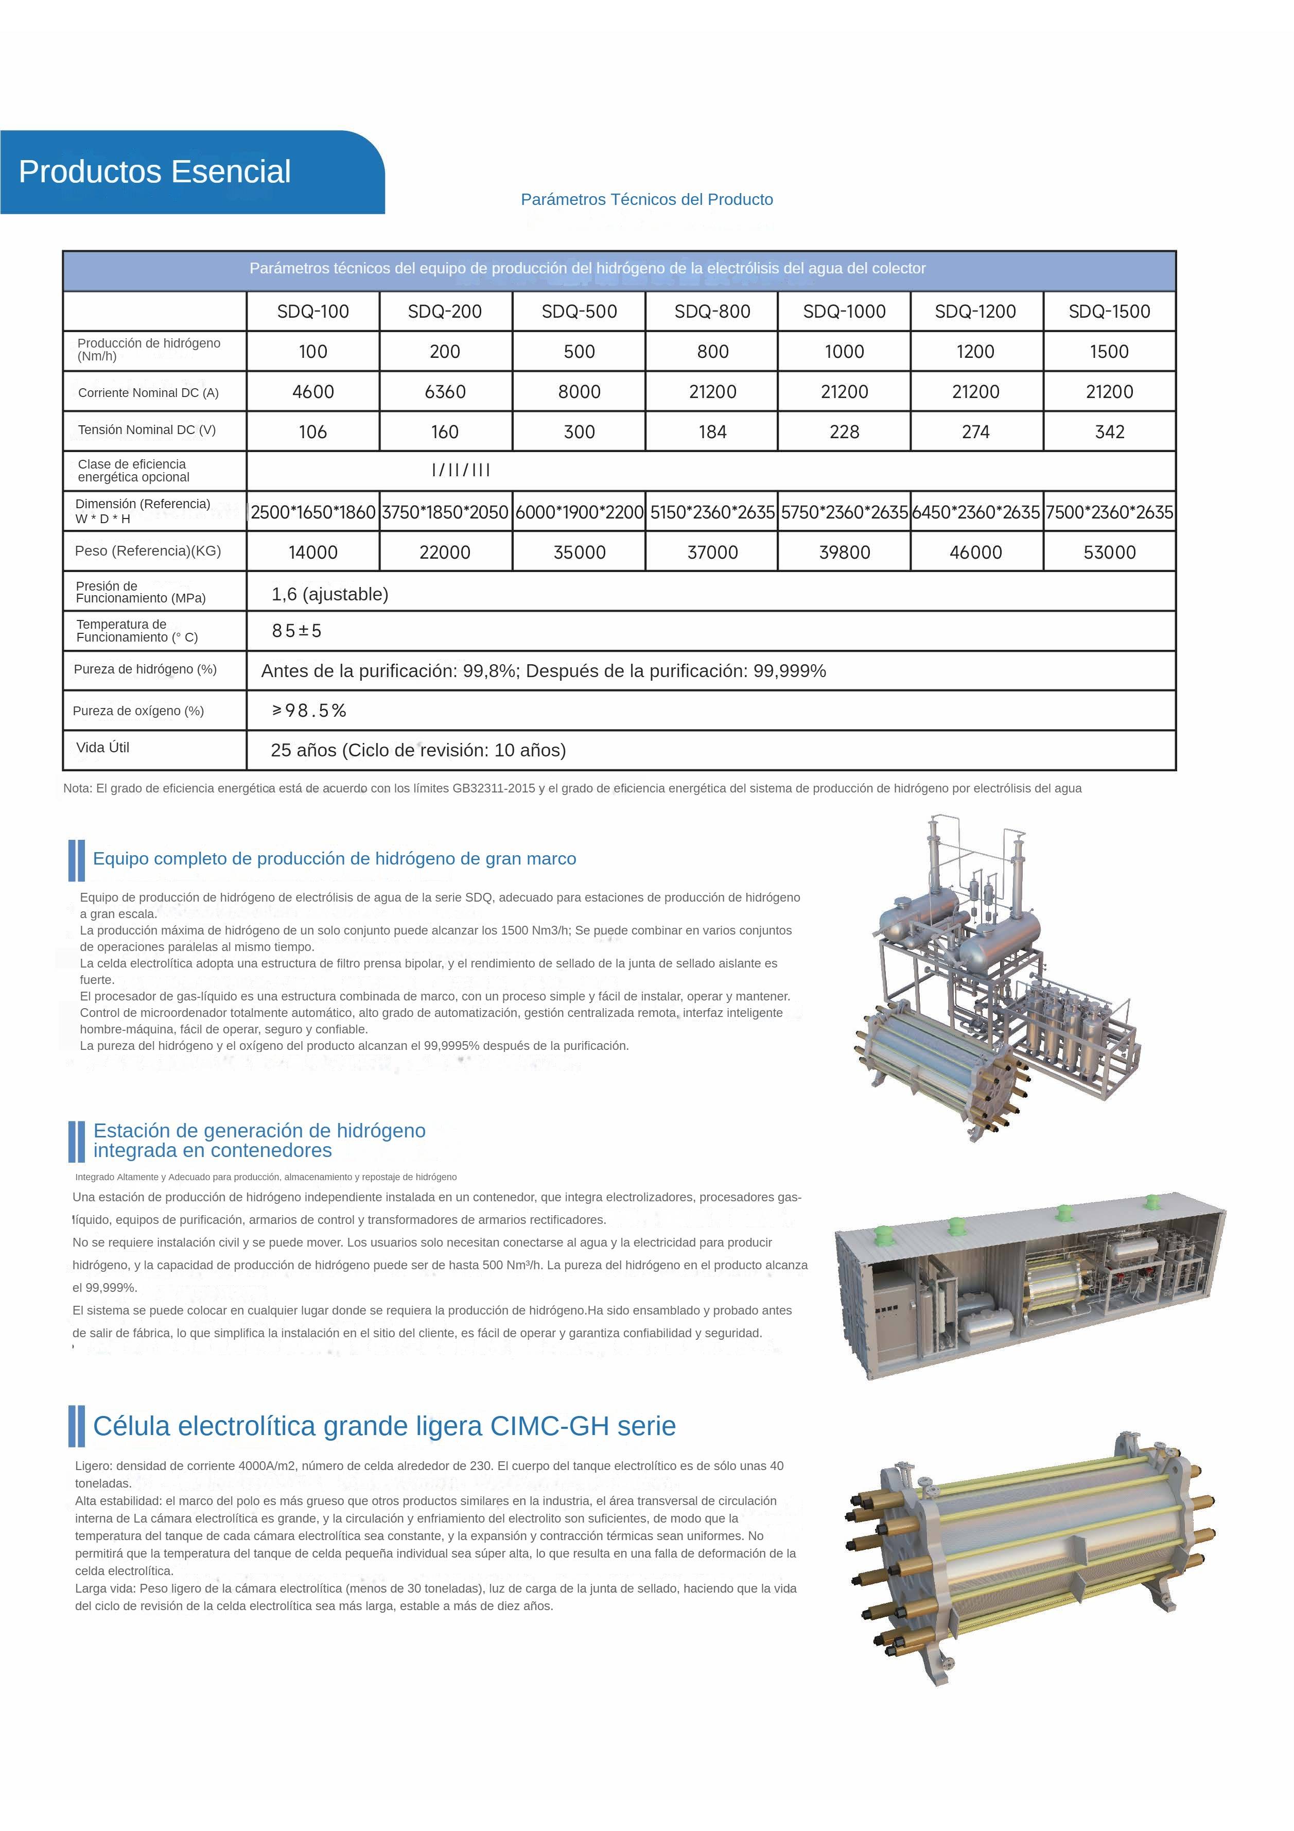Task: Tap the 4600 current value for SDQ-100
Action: click(x=312, y=391)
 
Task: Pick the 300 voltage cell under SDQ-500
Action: click(x=579, y=432)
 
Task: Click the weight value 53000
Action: click(x=1109, y=552)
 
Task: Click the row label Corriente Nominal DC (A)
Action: click(x=148, y=392)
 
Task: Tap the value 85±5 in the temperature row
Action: click(x=296, y=631)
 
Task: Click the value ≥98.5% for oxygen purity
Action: click(x=309, y=711)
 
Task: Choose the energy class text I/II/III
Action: click(x=461, y=471)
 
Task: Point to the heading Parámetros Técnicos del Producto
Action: click(x=646, y=199)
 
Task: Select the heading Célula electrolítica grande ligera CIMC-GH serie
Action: click(x=384, y=1426)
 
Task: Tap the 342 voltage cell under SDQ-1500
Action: click(x=1109, y=432)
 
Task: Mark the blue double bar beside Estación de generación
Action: click(x=77, y=1141)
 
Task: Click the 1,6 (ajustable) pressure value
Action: click(x=329, y=594)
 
